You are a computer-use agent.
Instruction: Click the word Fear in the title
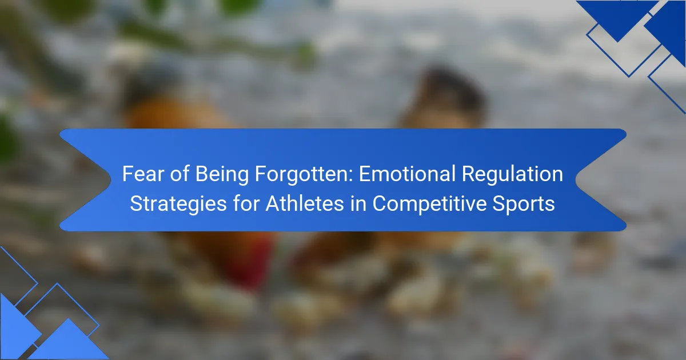pyautogui.click(x=143, y=174)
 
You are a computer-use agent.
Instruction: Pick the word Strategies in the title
pyautogui.click(x=178, y=204)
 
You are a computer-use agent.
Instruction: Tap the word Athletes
pyautogui.click(x=305, y=203)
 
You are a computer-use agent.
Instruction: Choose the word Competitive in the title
pyautogui.click(x=429, y=204)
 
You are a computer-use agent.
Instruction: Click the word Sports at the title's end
pyautogui.click(x=524, y=204)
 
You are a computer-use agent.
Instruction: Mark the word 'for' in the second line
pyautogui.click(x=246, y=203)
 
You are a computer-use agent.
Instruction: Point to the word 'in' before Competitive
pyautogui.click(x=358, y=203)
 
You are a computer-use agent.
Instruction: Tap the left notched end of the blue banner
pyautogui.click(x=110, y=180)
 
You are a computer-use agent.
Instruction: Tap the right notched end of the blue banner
pyautogui.click(x=576, y=180)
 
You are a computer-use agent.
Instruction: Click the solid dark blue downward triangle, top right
pyautogui.click(x=617, y=18)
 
